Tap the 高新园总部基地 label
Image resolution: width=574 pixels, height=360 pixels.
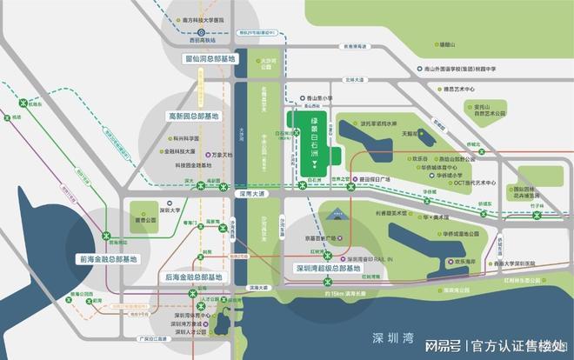coord(194,115)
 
